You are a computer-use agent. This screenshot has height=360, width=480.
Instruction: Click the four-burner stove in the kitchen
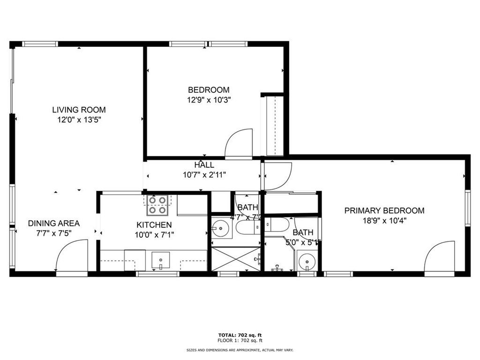157,204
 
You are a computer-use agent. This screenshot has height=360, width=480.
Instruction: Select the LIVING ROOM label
79,110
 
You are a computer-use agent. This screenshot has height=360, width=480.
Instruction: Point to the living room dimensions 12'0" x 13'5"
79,120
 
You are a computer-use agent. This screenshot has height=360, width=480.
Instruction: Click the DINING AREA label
54,223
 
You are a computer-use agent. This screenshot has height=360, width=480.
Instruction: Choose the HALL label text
204,165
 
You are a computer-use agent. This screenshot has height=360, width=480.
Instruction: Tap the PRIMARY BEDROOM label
384,210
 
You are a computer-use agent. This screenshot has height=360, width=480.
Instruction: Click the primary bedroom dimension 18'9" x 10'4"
384,220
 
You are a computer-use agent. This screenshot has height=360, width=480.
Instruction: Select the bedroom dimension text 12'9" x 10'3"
209,99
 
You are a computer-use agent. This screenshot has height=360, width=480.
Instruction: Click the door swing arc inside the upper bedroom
240,142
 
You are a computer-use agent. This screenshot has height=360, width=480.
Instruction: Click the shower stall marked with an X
236,259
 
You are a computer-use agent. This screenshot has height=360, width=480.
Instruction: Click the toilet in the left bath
246,227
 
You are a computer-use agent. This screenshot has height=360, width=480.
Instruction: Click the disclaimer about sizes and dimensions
240,350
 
